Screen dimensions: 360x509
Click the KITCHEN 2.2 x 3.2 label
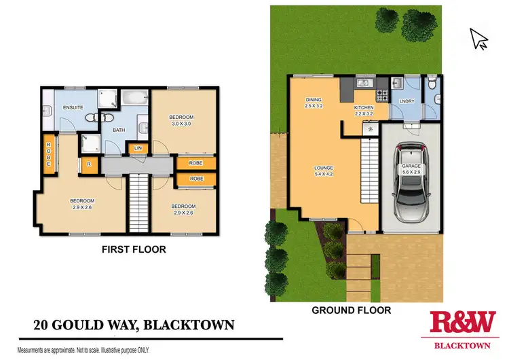(x=364, y=111)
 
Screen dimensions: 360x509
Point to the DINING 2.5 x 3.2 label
(x=313, y=103)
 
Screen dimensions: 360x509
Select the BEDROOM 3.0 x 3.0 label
(x=182, y=120)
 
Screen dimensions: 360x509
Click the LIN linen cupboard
(x=138, y=147)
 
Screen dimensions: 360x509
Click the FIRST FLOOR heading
(x=134, y=250)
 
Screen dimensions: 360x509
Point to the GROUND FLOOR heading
(x=351, y=310)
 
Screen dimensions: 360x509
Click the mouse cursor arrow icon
(x=479, y=39)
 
